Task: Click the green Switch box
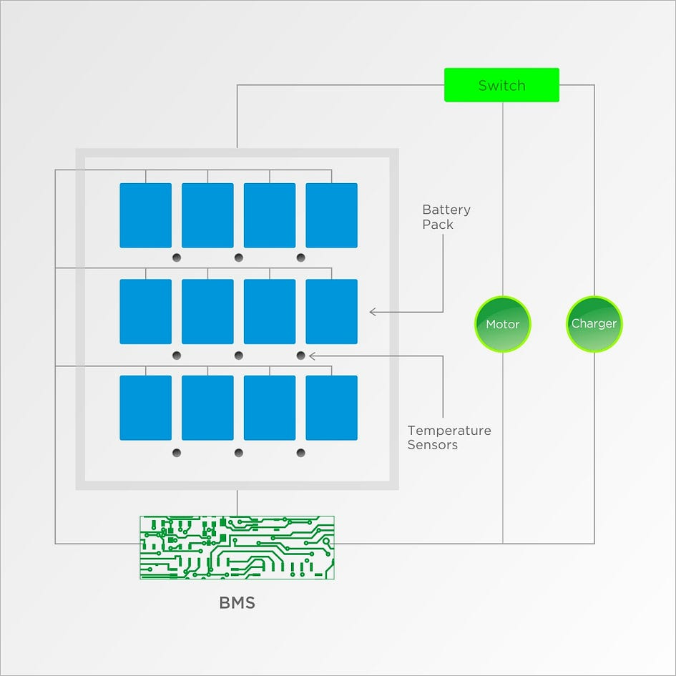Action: tap(501, 85)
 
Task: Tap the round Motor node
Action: tap(502, 324)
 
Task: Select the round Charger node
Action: tap(594, 324)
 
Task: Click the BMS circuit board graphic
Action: tap(237, 547)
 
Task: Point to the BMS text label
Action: tap(237, 602)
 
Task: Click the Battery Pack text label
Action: tap(446, 217)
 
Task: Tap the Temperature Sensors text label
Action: tap(449, 438)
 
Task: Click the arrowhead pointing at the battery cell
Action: tap(373, 312)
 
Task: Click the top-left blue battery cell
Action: tap(145, 215)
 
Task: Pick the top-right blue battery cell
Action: tap(331, 215)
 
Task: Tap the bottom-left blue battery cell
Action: tap(145, 408)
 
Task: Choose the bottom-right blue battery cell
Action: tap(331, 408)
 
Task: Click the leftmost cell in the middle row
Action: tap(145, 311)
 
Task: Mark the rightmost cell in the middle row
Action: tap(331, 311)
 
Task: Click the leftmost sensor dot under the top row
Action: tap(177, 258)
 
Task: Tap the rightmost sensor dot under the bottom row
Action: tap(300, 452)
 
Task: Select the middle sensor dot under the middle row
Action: tap(239, 356)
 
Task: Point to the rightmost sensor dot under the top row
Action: tap(300, 258)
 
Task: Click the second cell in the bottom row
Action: tap(207, 408)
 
